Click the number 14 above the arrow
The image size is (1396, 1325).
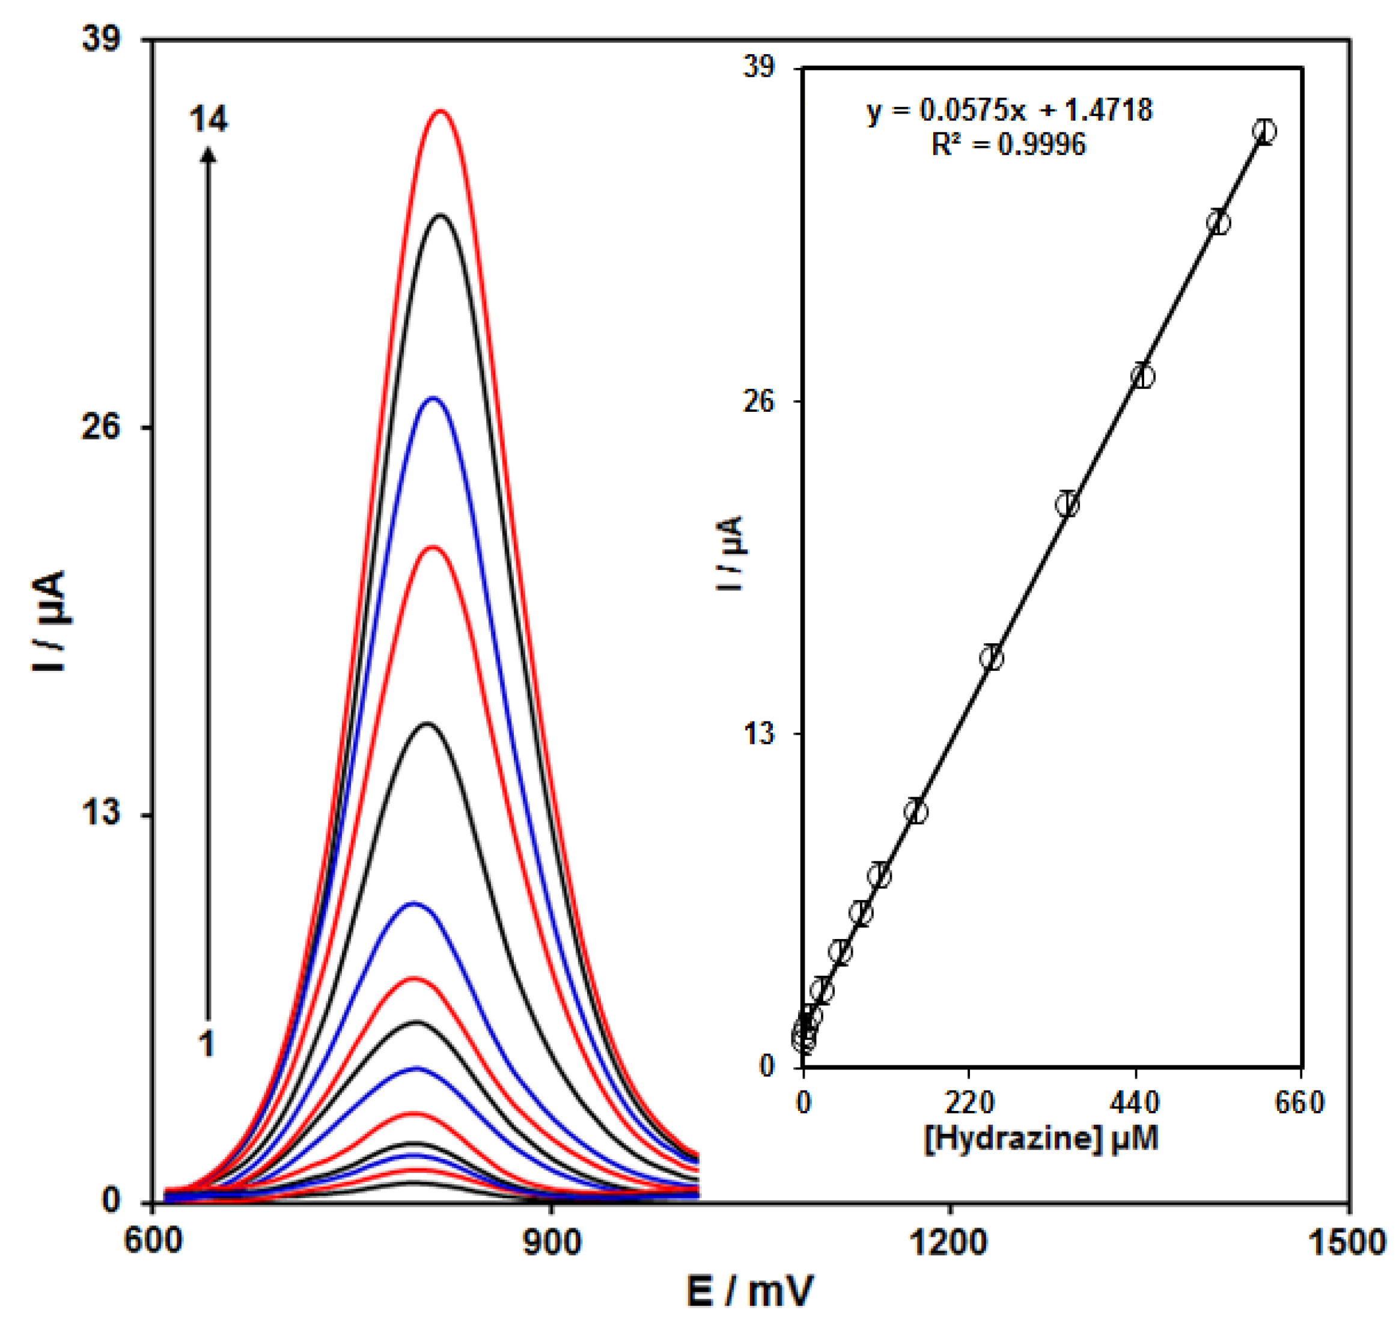pos(209,120)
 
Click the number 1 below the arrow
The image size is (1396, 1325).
pos(206,1042)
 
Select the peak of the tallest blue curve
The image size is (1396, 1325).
pos(432,399)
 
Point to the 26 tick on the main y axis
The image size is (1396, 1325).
pos(102,427)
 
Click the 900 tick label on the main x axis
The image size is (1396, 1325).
pos(552,1241)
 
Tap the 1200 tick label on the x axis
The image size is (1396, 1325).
pos(948,1241)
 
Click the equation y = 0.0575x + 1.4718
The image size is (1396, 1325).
pos(1009,111)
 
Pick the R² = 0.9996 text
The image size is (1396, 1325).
pos(1008,145)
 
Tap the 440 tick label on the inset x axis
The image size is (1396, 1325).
pos(1135,1103)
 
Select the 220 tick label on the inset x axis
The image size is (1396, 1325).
pos(969,1103)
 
